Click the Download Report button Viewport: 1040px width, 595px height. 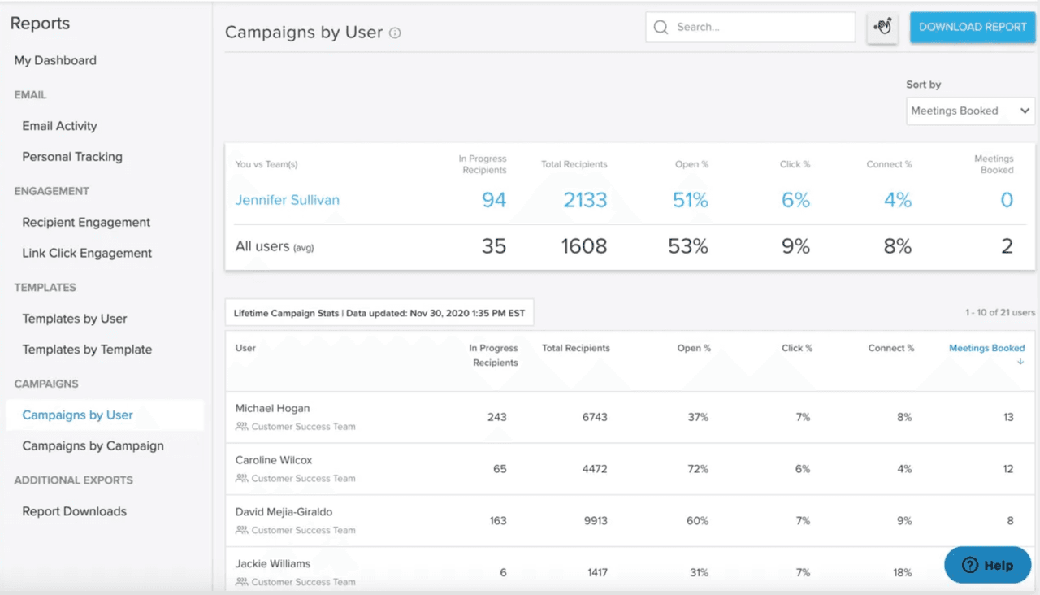point(973,27)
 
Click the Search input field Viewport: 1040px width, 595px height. point(750,27)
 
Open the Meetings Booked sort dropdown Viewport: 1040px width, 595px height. point(970,111)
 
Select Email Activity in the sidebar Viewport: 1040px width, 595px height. point(59,126)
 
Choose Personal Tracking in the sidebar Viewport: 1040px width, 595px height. point(72,157)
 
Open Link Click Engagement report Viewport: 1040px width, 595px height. point(87,253)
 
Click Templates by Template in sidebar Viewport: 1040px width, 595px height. point(87,350)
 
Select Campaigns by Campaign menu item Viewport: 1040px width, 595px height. point(93,445)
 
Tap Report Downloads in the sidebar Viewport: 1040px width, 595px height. point(74,511)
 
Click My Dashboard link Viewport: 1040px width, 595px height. point(55,60)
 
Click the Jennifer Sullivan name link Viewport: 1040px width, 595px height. point(288,200)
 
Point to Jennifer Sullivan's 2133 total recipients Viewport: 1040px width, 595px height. point(585,200)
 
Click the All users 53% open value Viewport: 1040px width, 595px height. point(688,246)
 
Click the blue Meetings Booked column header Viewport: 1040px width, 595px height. point(986,348)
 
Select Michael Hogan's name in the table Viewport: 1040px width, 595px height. point(272,408)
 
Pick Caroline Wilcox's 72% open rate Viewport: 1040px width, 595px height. point(698,469)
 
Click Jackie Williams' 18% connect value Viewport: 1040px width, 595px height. point(902,572)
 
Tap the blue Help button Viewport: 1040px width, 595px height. point(987,565)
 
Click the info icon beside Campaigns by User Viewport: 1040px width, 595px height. point(395,33)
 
